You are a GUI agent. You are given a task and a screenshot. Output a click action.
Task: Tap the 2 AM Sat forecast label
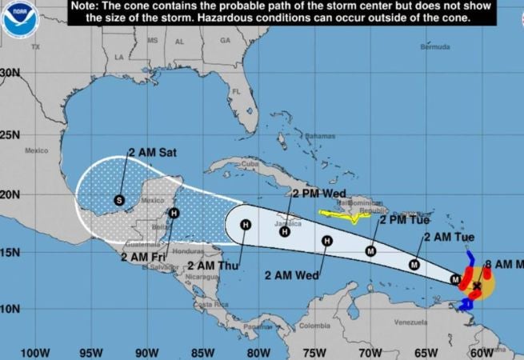[152, 151]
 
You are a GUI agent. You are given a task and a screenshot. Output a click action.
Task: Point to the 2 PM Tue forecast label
[405, 219]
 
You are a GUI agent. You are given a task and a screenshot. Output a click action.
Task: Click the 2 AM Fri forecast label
[145, 257]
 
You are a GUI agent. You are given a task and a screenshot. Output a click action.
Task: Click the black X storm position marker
[478, 285]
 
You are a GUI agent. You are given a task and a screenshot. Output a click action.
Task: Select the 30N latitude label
[10, 72]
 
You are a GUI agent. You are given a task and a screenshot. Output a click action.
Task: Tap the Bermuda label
[435, 46]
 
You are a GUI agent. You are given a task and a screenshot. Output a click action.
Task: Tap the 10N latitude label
[10, 309]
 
